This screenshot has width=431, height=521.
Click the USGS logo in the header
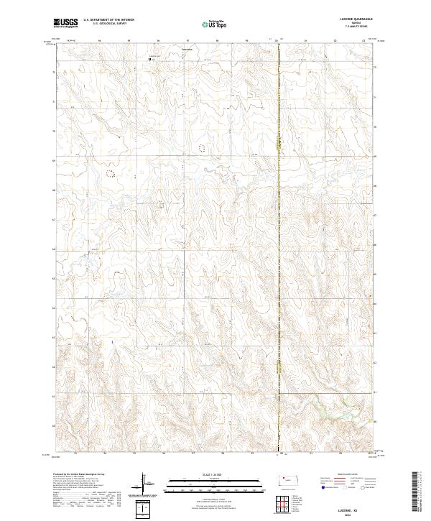(65, 23)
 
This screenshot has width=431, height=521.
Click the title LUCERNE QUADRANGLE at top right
(352, 19)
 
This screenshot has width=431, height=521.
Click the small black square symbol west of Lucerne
(149, 59)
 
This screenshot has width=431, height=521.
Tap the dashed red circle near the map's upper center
(202, 147)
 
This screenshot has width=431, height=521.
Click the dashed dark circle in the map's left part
(110, 172)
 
